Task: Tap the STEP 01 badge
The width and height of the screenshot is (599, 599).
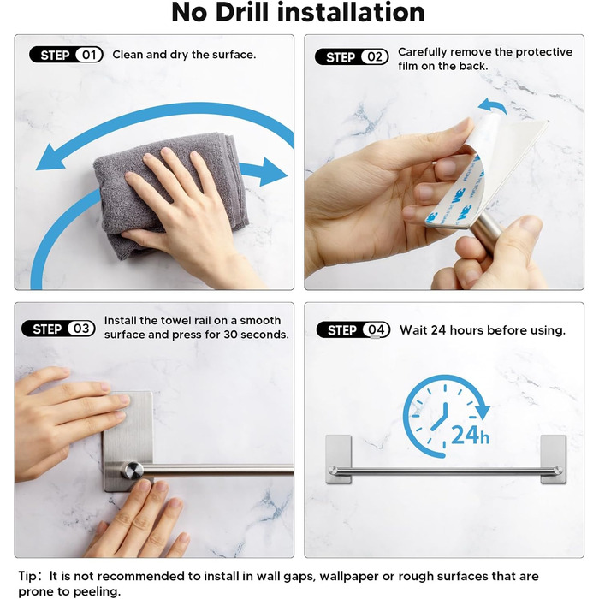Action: pyautogui.click(x=66, y=55)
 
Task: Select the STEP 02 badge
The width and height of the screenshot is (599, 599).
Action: pyautogui.click(x=352, y=57)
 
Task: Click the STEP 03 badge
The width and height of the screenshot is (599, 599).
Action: pyautogui.click(x=58, y=329)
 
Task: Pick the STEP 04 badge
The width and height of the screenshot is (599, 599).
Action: pyautogui.click(x=353, y=330)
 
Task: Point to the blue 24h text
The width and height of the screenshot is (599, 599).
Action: pyautogui.click(x=470, y=435)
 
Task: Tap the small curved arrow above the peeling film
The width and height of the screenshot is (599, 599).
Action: pyautogui.click(x=492, y=106)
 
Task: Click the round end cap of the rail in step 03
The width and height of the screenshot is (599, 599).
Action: pyautogui.click(x=133, y=470)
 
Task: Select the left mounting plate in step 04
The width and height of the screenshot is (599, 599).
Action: pyautogui.click(x=339, y=459)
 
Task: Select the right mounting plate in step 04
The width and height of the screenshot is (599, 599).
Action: pyautogui.click(x=553, y=459)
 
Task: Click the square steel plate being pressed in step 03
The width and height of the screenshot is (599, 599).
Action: pyautogui.click(x=128, y=441)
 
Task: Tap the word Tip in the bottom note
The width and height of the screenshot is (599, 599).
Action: pyautogui.click(x=27, y=577)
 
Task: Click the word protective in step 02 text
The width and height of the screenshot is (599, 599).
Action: pyautogui.click(x=544, y=52)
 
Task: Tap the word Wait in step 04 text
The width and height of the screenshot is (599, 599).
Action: pyautogui.click(x=413, y=330)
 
